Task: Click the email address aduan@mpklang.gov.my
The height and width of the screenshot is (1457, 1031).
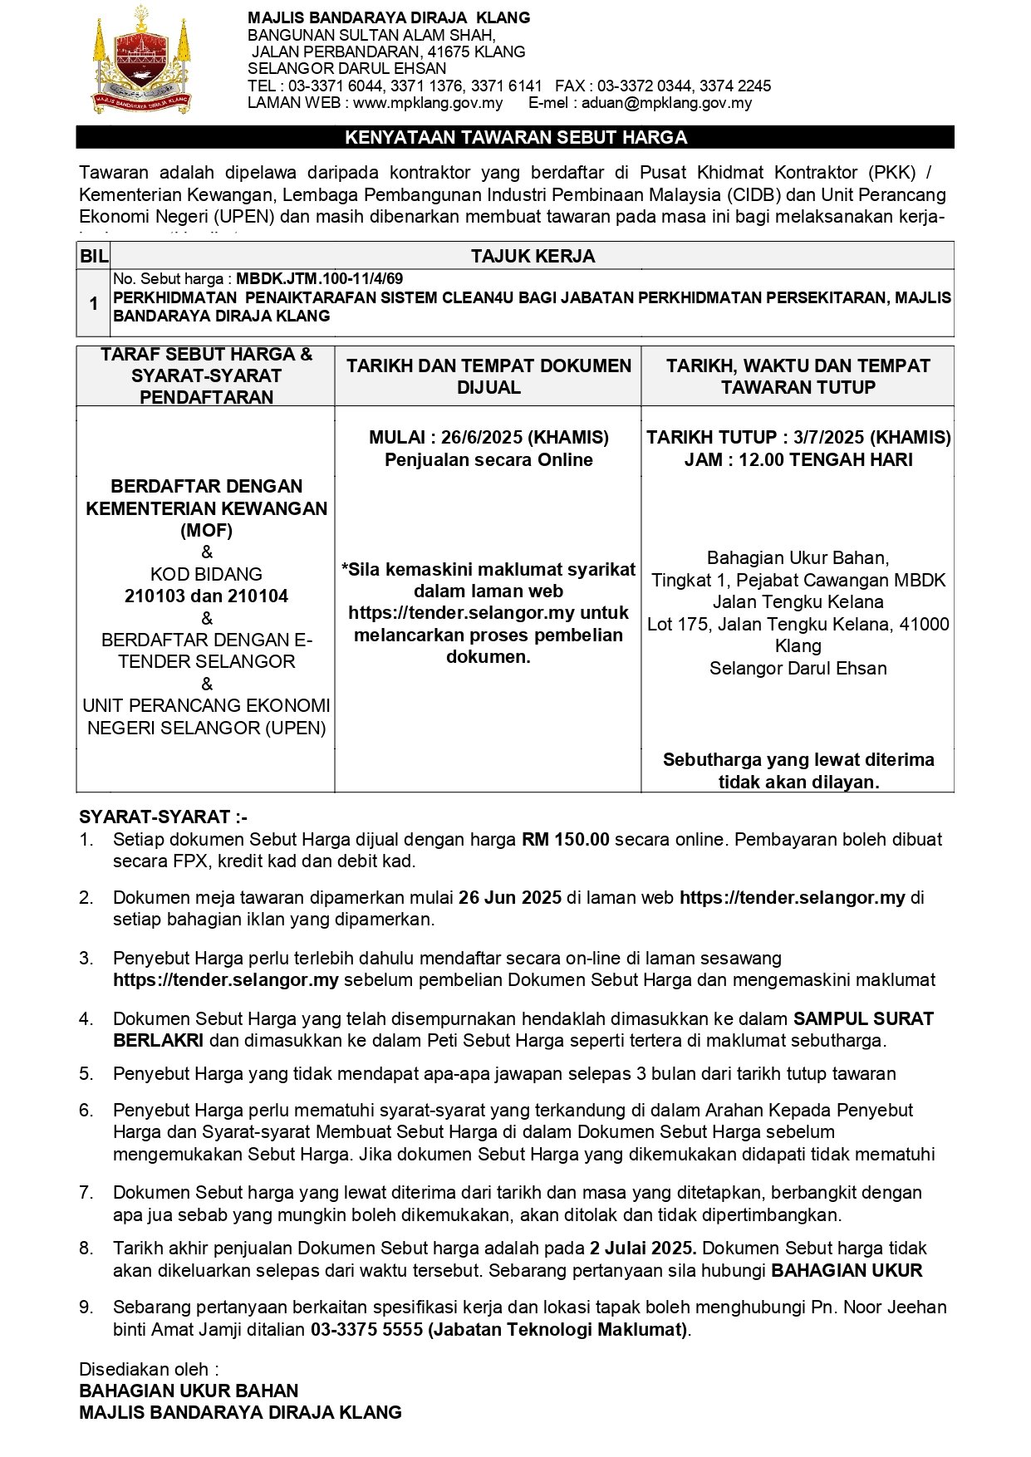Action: tap(666, 103)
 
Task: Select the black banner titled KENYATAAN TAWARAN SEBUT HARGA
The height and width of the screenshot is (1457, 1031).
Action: tap(515, 137)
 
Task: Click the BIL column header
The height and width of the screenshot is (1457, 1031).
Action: tap(94, 256)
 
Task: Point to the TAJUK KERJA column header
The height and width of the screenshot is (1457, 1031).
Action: tap(533, 256)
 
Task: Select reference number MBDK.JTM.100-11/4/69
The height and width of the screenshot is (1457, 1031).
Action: tap(319, 279)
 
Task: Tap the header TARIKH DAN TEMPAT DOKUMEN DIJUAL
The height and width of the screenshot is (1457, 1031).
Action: tap(488, 376)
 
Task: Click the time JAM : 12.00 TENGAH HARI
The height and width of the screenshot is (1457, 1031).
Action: tap(798, 459)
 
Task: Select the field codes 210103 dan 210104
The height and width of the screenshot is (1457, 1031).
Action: tap(206, 596)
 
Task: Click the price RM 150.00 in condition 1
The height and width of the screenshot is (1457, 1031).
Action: tap(565, 839)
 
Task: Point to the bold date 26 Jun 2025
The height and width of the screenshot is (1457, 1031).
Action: tap(510, 897)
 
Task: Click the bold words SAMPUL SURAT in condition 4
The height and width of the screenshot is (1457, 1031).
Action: tap(863, 1018)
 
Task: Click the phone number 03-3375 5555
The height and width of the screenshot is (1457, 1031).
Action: tap(366, 1329)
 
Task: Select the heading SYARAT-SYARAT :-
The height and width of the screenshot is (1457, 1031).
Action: tap(163, 817)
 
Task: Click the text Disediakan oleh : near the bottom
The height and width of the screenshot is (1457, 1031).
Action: tap(149, 1369)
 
